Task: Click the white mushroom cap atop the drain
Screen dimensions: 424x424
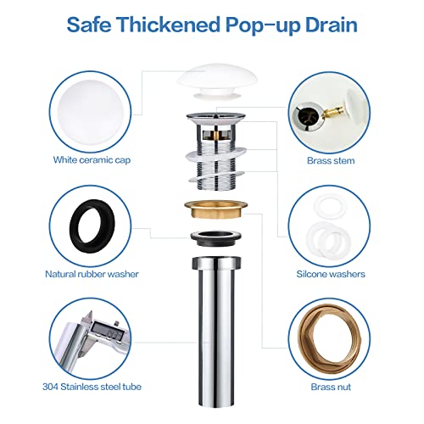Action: coord(211,83)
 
